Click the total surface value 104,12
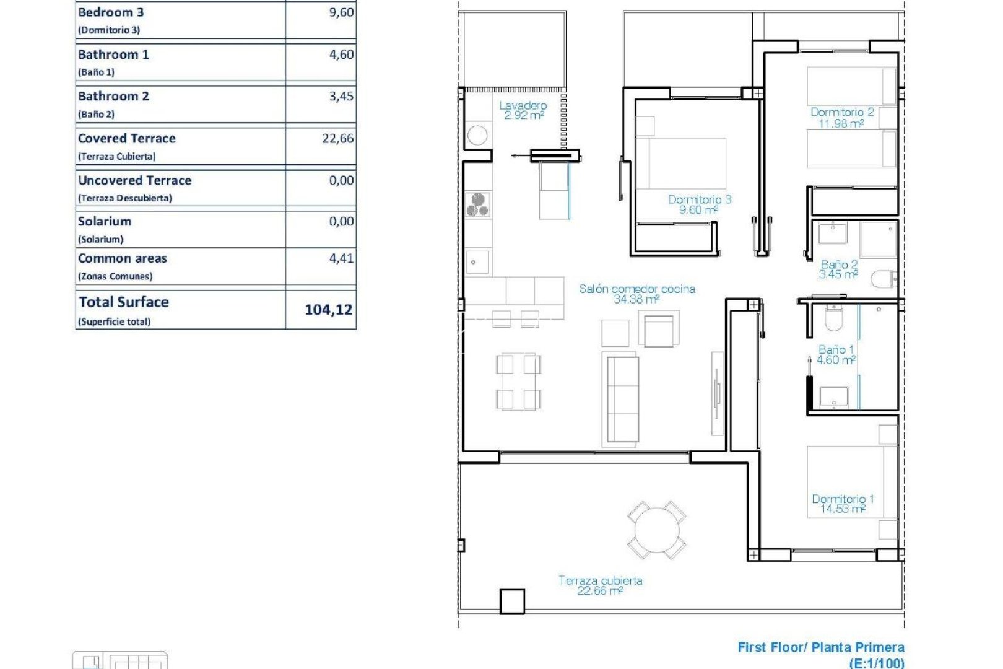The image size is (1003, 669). [328, 309]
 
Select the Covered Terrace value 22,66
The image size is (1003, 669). [337, 138]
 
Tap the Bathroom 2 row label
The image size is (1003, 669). [114, 97]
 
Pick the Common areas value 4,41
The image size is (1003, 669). [341, 258]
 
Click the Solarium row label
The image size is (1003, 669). [105, 222]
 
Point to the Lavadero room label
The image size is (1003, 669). [523, 106]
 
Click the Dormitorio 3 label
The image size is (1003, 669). [700, 199]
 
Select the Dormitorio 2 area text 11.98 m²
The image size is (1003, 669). [841, 123]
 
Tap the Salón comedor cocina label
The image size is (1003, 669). [637, 289]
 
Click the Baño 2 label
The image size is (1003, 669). [839, 265]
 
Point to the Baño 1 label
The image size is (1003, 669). [836, 350]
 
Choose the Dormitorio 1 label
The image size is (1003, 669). [843, 499]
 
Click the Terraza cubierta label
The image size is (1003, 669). [600, 580]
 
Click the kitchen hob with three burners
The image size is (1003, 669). [478, 205]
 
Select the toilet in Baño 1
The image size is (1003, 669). [834, 318]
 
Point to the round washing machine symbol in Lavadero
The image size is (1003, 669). [477, 135]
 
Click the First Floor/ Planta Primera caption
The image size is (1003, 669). [821, 647]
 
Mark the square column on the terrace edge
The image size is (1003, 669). [512, 601]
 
